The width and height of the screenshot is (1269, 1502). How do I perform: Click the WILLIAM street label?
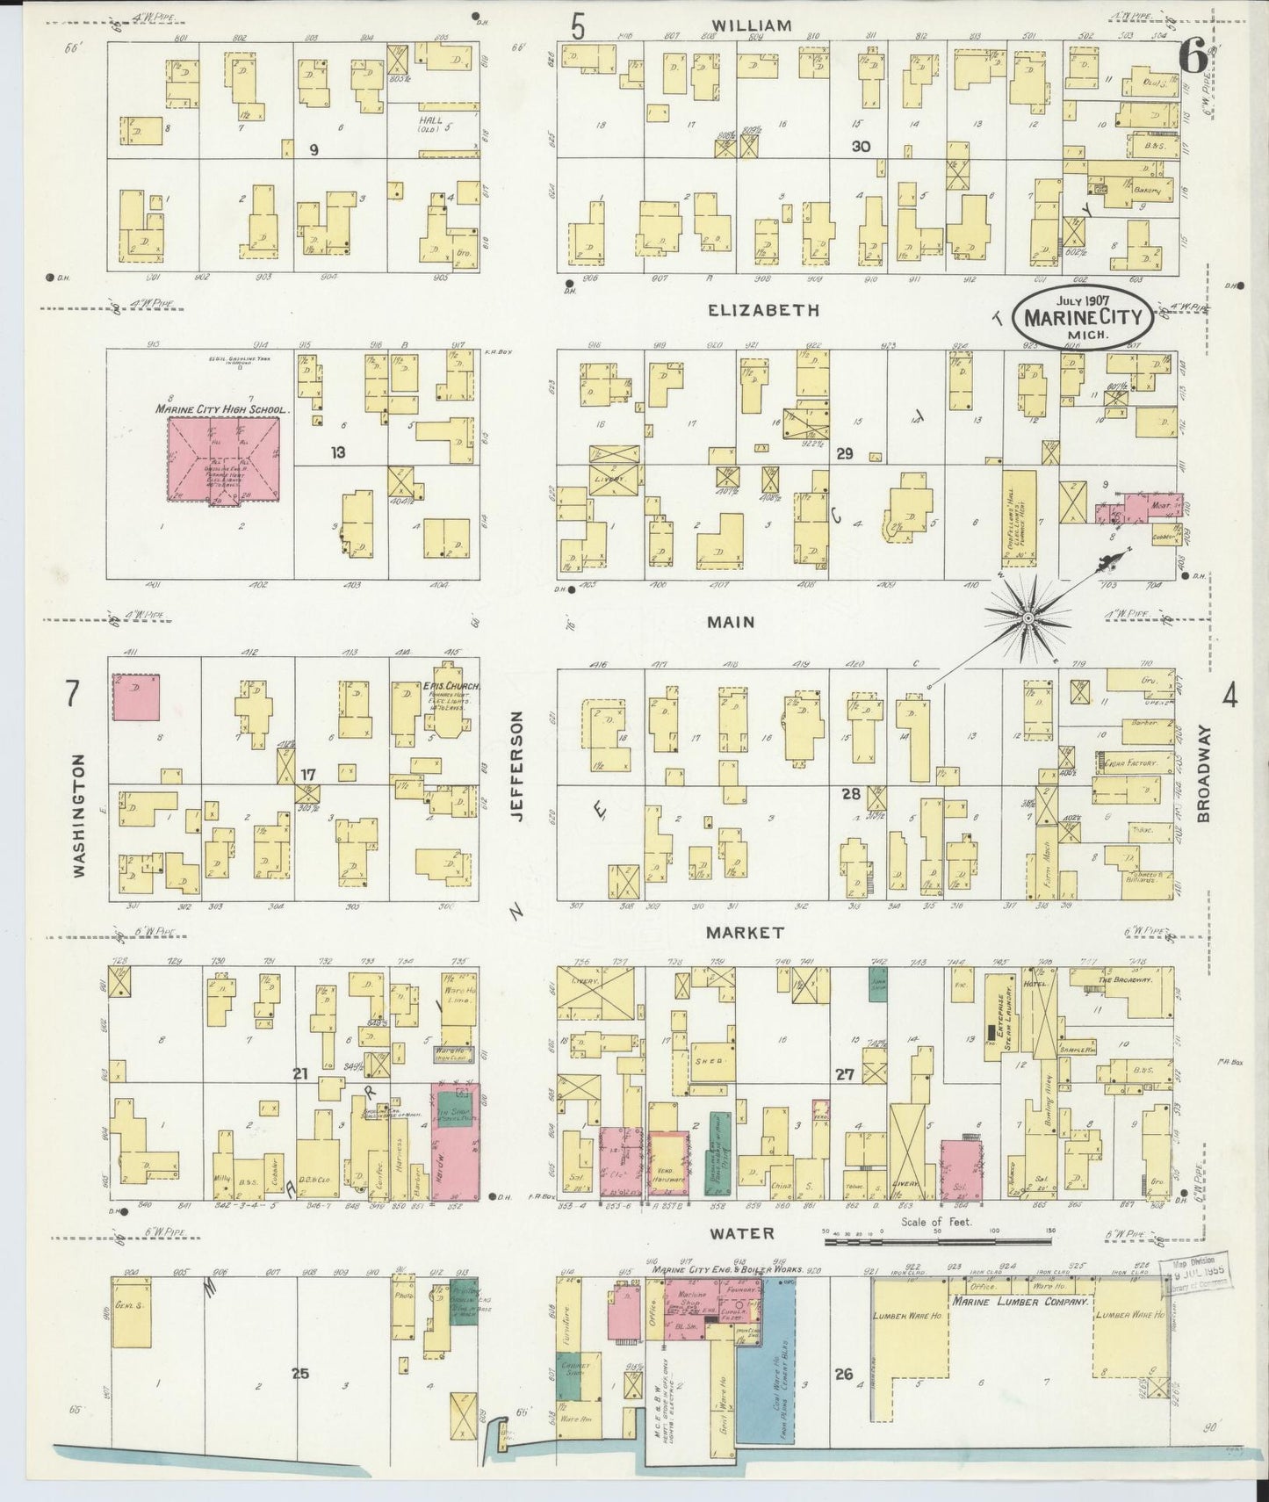coord(752,25)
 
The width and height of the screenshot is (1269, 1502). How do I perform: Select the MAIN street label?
coord(732,622)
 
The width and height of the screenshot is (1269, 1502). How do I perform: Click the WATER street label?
coord(742,1234)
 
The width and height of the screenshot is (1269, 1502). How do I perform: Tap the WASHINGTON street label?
coord(80,815)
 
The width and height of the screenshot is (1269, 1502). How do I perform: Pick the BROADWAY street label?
coord(1203,773)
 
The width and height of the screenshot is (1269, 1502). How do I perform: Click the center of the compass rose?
coord(1027,619)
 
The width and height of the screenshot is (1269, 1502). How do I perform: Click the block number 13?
coord(338,453)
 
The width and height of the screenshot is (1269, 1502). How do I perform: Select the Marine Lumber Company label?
coord(1019,1303)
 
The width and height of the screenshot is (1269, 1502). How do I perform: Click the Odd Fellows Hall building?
coord(1019,518)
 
